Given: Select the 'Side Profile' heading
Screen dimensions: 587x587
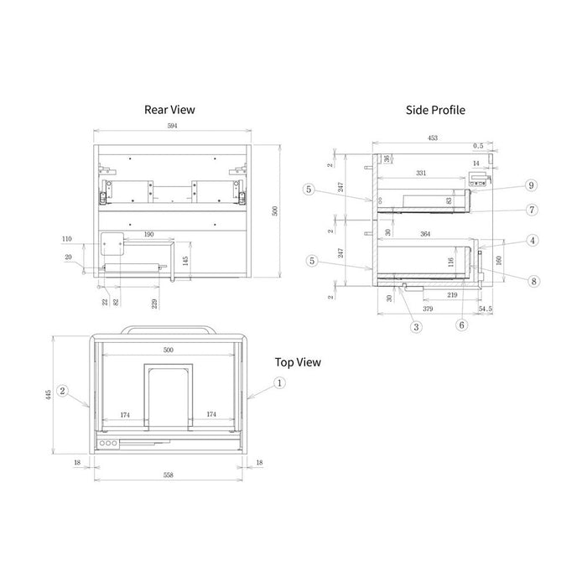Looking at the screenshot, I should [x=435, y=109].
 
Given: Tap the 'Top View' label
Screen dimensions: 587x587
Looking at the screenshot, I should [x=298, y=362].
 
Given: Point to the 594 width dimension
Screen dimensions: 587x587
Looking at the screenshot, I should [x=173, y=125].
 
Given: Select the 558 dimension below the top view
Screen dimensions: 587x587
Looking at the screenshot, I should [x=168, y=475].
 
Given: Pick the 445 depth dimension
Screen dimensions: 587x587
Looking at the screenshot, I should [x=49, y=392].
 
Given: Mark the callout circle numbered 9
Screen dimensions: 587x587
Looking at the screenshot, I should [x=531, y=184].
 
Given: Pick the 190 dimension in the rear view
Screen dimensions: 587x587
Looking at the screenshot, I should [x=148, y=234].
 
